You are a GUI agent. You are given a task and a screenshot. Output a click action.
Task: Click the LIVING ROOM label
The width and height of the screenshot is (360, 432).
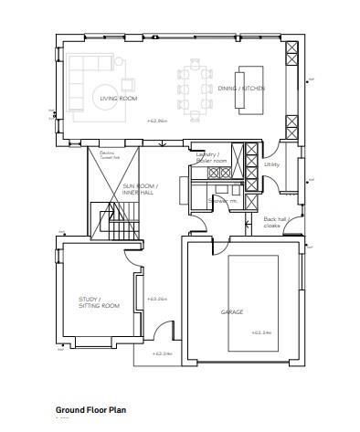coord(118,98)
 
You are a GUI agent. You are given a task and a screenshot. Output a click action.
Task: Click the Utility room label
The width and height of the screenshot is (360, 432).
coord(271,164)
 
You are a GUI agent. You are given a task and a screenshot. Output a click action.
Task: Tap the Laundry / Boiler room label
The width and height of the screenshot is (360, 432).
coord(208,158)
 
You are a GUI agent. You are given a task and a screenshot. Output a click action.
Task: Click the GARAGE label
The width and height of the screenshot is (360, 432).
coord(231,312)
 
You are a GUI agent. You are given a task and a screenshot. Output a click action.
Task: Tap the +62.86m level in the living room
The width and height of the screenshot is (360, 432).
coord(158,121)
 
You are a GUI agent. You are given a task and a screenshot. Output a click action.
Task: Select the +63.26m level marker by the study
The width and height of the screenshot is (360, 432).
coord(156,299)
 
